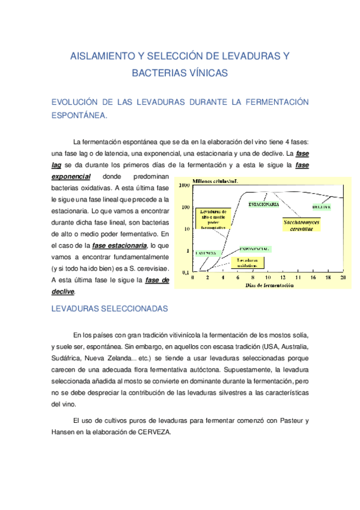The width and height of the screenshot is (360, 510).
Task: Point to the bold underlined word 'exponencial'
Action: pyautogui.click(x=71, y=177)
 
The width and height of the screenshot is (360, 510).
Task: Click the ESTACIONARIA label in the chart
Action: pyautogui.click(x=263, y=204)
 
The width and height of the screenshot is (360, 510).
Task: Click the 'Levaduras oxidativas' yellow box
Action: pyautogui.click(x=247, y=262)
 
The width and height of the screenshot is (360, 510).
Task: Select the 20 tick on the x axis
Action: pyautogui.click(x=343, y=278)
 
